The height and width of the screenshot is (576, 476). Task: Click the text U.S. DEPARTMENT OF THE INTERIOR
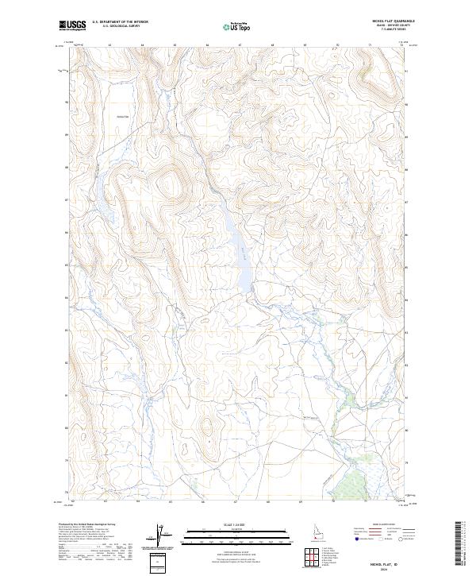120,22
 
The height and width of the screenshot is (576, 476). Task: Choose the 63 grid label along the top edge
109,46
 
